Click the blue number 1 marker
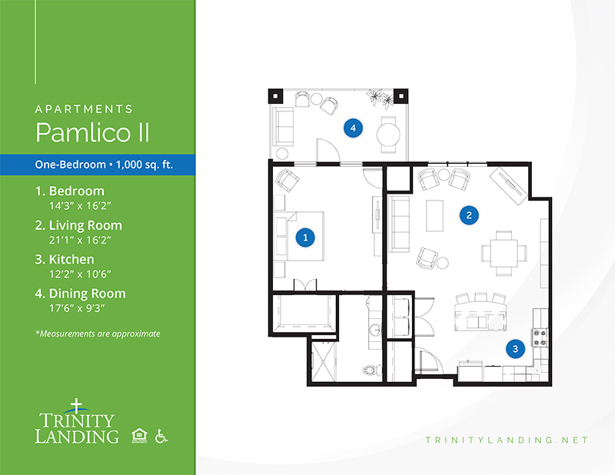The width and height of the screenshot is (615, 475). tap(305, 237)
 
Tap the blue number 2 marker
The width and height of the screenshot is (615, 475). tap(469, 215)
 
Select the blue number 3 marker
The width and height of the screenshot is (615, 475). tap(515, 348)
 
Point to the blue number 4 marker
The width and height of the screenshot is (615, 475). tap(353, 128)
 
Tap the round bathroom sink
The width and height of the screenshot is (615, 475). tap(375, 331)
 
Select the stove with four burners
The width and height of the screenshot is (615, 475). tap(540, 337)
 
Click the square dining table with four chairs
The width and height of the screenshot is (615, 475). tap(504, 253)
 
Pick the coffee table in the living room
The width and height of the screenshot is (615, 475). tap(434, 215)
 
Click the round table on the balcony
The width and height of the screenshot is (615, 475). tap(388, 135)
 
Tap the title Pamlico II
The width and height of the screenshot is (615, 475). tap(92, 132)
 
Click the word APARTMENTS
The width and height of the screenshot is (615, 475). tap(84, 108)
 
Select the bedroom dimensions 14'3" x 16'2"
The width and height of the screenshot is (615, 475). tap(80, 205)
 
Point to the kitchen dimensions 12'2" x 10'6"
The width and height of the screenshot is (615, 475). tap(80, 274)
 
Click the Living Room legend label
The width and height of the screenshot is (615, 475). tap(78, 225)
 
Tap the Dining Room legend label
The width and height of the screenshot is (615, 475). tap(81, 294)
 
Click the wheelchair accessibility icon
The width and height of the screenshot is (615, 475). tap(161, 436)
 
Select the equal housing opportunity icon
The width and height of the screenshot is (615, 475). tap(139, 436)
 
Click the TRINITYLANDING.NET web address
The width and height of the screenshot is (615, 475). tap(507, 440)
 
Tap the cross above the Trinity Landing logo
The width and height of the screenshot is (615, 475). tap(76, 405)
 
